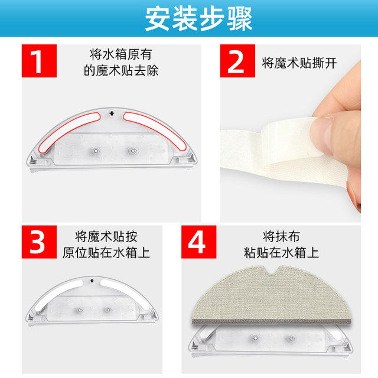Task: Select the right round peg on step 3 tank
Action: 107,309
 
